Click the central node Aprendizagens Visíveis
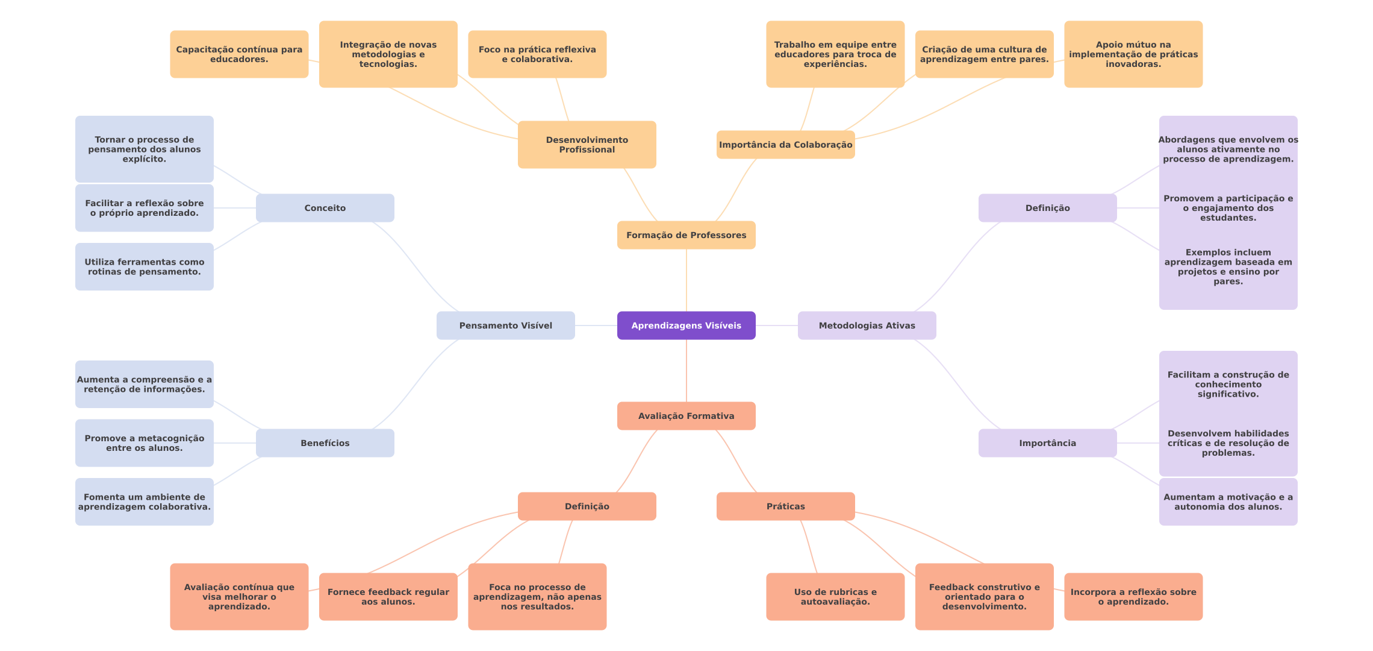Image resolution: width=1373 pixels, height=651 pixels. (x=686, y=325)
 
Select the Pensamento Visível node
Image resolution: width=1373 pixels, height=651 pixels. (x=505, y=325)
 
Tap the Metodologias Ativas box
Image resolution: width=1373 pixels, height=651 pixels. (x=867, y=325)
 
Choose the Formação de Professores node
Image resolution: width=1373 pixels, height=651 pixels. (x=686, y=235)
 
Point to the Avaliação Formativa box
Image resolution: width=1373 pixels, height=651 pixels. (x=686, y=416)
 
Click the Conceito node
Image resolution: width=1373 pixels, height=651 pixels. (x=325, y=208)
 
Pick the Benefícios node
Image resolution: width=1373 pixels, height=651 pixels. (x=325, y=443)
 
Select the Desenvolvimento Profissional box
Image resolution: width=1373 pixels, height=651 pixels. (x=587, y=145)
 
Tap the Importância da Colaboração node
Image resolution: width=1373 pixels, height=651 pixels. (x=785, y=145)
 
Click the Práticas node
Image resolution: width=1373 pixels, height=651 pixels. (x=785, y=506)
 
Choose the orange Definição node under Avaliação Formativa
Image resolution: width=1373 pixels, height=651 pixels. (x=587, y=506)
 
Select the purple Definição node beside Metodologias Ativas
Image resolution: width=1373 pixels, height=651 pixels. (x=1047, y=208)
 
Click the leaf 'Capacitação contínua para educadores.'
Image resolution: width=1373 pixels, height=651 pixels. (x=239, y=54)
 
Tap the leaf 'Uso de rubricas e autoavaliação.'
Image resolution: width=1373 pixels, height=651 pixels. (x=835, y=597)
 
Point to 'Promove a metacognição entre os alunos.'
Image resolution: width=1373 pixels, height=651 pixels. (x=144, y=443)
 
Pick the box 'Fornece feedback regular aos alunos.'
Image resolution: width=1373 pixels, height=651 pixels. (x=388, y=597)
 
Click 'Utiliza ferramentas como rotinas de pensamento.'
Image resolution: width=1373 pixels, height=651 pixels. (x=144, y=266)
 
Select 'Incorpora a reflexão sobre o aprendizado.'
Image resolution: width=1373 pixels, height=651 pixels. (x=1133, y=597)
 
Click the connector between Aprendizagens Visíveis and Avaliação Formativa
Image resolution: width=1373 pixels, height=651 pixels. (x=686, y=371)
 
